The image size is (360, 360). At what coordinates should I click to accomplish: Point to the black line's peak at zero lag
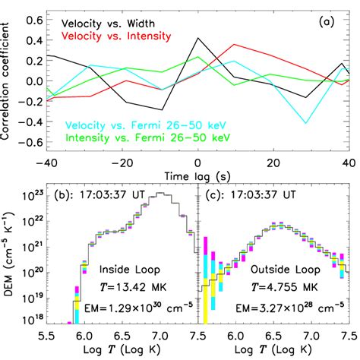[x=197, y=37]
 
